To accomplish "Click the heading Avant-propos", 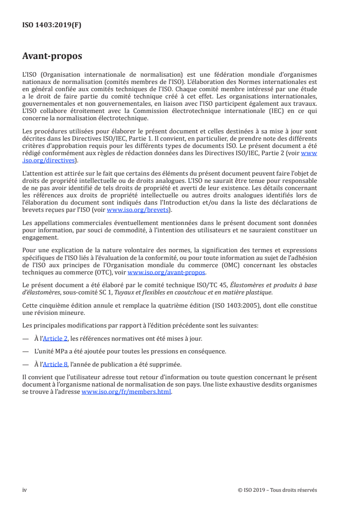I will click(52, 57).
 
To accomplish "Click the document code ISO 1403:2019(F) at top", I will click(52, 25).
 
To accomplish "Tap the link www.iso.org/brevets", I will click(138, 210).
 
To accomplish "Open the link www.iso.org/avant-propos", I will click(167, 272).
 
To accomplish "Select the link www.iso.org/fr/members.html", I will click(126, 392).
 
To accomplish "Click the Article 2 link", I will click(55, 338).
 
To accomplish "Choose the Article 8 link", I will click(55, 364).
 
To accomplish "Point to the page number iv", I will click(25, 490).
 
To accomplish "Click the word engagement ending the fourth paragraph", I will click(40, 237).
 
